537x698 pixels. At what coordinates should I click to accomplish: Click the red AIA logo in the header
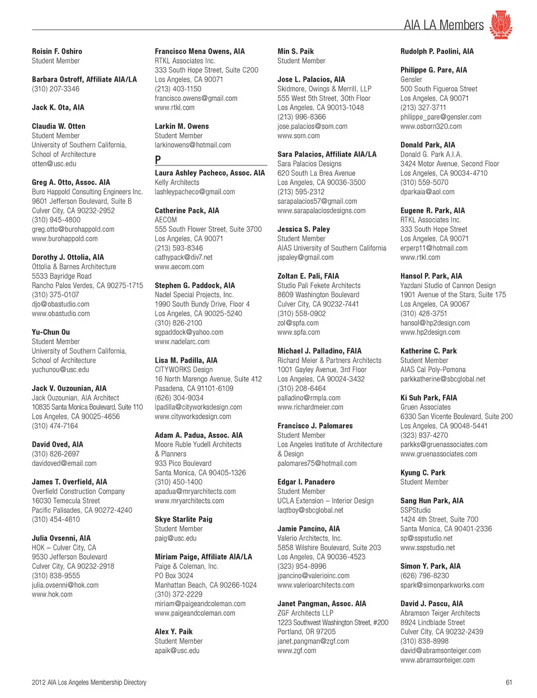click(x=501, y=24)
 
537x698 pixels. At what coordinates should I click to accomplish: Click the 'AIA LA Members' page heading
click(x=444, y=25)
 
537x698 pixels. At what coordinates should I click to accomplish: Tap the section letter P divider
click(x=158, y=160)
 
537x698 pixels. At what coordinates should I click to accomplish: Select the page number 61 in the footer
click(x=508, y=682)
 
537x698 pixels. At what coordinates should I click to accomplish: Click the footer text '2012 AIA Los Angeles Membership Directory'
click(x=89, y=682)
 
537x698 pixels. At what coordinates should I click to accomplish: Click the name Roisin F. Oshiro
click(x=57, y=51)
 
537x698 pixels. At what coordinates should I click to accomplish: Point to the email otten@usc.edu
click(x=54, y=164)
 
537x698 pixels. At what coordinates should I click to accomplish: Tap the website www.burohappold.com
click(x=65, y=239)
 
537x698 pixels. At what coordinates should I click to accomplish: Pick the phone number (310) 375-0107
click(x=55, y=295)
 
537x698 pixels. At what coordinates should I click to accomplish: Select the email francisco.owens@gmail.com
click(x=196, y=99)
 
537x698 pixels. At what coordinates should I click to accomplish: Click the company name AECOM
click(x=166, y=220)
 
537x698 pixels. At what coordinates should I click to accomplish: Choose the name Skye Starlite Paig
click(x=183, y=519)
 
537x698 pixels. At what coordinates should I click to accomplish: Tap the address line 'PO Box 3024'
click(x=174, y=575)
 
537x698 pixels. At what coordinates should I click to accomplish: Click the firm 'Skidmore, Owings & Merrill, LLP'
click(x=324, y=89)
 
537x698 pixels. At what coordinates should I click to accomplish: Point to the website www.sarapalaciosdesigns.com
click(x=322, y=211)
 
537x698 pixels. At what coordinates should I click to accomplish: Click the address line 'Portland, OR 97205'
click(x=307, y=632)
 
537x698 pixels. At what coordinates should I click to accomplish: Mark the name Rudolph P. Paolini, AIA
click(x=437, y=51)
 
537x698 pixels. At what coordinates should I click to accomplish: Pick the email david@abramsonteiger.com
click(x=440, y=650)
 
